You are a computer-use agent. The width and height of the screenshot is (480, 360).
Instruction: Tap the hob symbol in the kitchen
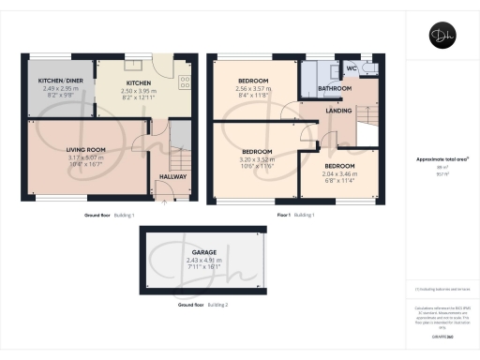(x=185, y=81)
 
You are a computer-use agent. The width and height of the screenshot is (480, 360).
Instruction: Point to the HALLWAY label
(x=172, y=176)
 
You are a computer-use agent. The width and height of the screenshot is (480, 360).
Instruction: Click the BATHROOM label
(x=335, y=88)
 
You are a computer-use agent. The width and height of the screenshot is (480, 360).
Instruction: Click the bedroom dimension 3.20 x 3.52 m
(x=257, y=159)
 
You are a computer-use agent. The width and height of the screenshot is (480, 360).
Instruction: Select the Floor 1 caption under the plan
(x=286, y=215)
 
